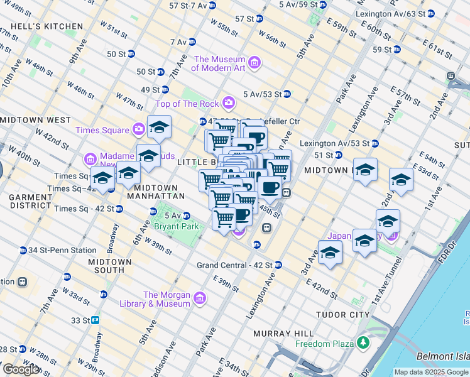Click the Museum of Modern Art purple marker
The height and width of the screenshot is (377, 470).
[254, 62]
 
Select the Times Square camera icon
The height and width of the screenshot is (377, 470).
[138, 130]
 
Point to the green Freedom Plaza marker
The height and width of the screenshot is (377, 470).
[363, 343]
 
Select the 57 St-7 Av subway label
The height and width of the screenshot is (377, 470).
[188, 5]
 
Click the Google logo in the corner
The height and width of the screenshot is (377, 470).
[21, 369]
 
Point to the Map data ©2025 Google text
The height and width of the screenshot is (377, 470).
[431, 372]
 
